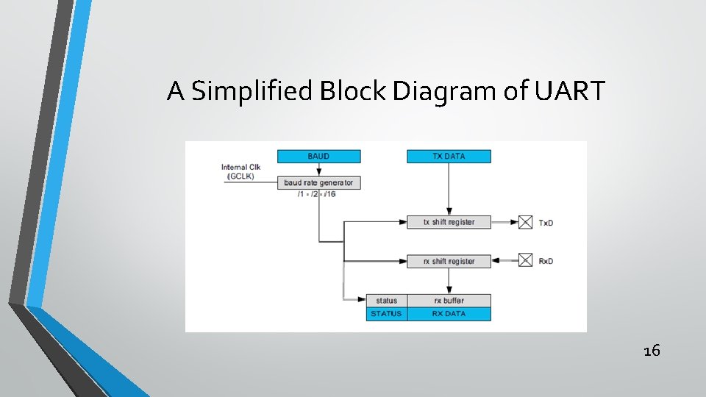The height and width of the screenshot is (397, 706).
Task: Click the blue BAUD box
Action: click(318, 156)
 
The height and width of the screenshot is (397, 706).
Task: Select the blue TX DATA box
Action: click(449, 156)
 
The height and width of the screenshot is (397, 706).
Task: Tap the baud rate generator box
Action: click(318, 182)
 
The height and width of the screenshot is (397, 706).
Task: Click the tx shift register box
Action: click(449, 221)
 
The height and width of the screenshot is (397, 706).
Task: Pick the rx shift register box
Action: click(449, 261)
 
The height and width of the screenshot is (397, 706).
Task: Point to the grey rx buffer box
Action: click(449, 300)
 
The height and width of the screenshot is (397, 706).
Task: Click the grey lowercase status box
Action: click(386, 300)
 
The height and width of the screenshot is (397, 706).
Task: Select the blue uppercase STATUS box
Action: click(386, 313)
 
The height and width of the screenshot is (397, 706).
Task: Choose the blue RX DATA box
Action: click(449, 313)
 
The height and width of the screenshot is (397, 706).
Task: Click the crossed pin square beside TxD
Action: click(525, 221)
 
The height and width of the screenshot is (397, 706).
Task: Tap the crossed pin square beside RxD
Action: click(525, 260)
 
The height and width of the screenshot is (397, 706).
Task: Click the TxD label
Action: click(546, 222)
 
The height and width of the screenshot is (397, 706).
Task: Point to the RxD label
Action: click(546, 261)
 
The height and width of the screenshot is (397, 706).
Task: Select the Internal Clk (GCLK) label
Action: click(240, 171)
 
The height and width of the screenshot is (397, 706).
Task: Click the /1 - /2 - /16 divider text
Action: click(317, 194)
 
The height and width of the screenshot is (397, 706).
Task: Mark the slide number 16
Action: click(652, 351)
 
